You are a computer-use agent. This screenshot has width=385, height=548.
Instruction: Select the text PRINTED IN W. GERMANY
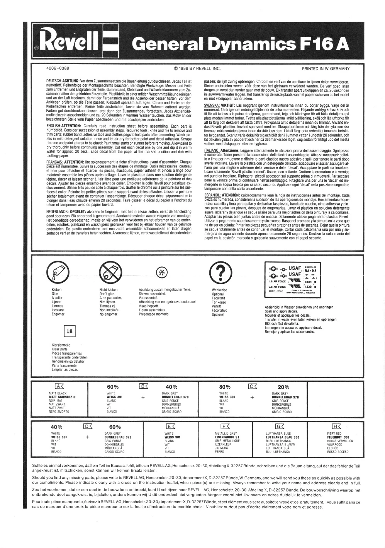[326, 69]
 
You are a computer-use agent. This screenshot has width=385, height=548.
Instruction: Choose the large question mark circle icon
[220, 272]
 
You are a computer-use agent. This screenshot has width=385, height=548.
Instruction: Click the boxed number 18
[70, 331]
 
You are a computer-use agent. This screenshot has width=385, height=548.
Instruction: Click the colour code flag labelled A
[59, 386]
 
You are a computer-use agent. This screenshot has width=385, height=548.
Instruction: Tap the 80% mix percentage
[225, 387]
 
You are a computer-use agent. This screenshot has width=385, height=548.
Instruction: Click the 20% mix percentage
[283, 387]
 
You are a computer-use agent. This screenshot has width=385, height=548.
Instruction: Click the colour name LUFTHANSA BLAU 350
[283, 437]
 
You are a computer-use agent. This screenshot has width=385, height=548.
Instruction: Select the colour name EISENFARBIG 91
[227, 437]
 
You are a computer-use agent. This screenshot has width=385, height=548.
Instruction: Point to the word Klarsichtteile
[61, 345]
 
